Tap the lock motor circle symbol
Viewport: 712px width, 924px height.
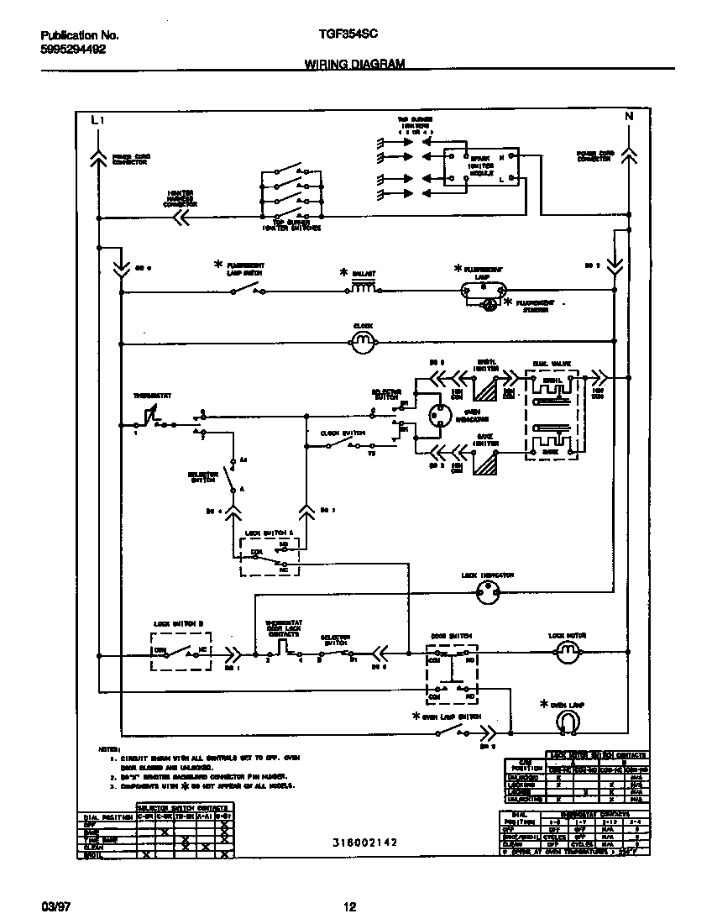[568, 652]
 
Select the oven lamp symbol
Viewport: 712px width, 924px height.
[568, 721]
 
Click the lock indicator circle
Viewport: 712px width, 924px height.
[488, 592]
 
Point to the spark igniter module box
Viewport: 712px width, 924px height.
[481, 167]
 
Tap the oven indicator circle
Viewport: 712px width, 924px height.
[437, 416]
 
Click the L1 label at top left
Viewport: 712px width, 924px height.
[97, 121]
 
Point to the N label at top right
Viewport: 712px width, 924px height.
[628, 117]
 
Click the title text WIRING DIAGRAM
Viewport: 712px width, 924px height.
[354, 64]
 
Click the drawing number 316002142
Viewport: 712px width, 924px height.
[364, 842]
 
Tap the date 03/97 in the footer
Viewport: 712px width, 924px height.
[54, 907]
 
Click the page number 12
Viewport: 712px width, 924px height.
[349, 907]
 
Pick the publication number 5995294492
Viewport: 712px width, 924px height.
[73, 50]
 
